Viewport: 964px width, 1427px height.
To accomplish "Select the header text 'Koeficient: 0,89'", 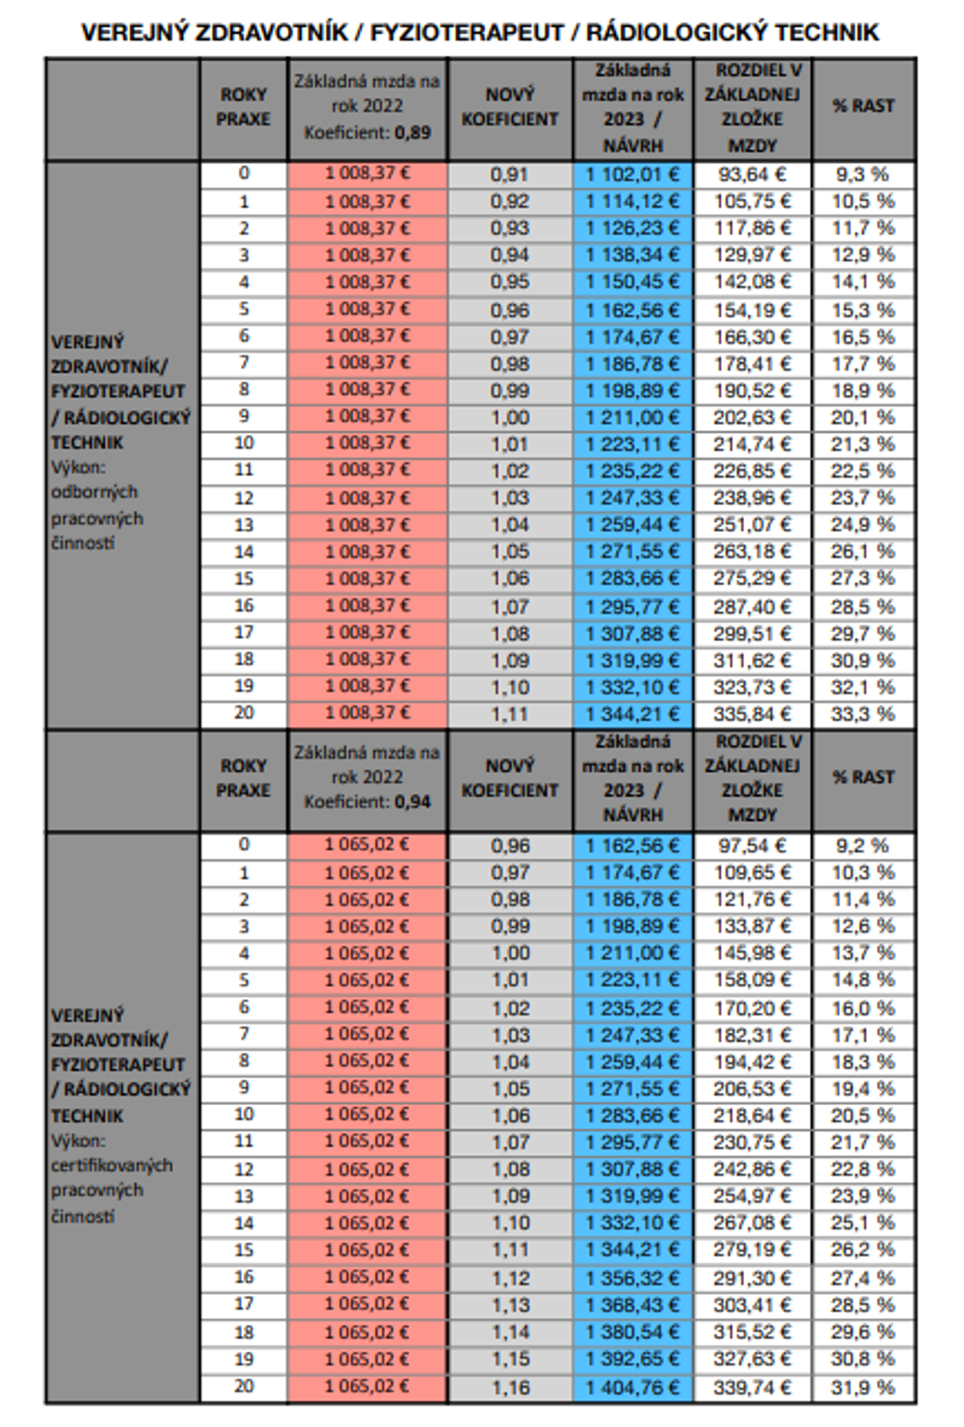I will click(367, 133).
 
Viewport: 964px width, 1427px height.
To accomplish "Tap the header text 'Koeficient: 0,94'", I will click(367, 803).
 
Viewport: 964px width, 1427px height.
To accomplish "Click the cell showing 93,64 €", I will click(752, 174).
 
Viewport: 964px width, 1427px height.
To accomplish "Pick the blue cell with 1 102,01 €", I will click(632, 175).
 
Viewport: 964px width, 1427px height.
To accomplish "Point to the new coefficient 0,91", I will click(509, 175).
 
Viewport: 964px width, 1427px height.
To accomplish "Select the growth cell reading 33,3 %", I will click(863, 714).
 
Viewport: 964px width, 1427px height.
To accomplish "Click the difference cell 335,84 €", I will click(752, 714).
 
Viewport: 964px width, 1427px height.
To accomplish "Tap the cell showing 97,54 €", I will click(752, 846).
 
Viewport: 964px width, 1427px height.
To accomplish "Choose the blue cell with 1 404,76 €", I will click(632, 1387).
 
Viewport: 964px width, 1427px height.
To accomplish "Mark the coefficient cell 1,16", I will click(509, 1387).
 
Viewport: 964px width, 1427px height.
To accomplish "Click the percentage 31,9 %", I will click(863, 1387).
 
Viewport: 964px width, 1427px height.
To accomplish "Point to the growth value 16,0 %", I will click(863, 1008).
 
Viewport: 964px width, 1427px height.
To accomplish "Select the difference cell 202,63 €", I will click(752, 418).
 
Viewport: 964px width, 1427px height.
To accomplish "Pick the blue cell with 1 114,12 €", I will click(632, 201).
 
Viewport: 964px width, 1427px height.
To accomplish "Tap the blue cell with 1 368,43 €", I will click(632, 1306).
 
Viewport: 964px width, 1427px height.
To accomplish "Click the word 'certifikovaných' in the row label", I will click(112, 1165).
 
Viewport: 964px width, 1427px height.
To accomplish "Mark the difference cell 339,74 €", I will click(752, 1387).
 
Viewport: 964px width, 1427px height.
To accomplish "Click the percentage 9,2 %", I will click(863, 846).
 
